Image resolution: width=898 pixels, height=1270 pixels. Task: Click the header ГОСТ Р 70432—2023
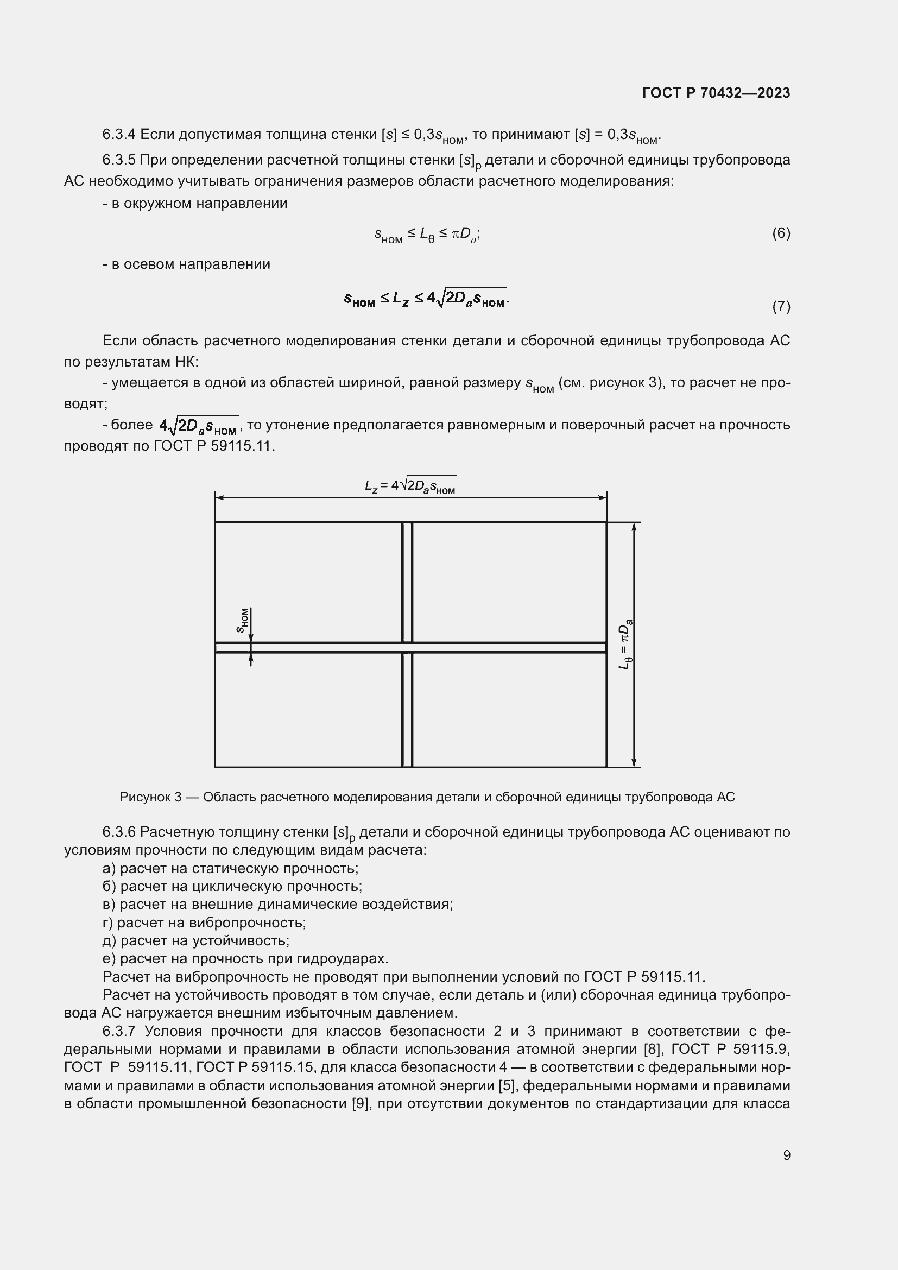(716, 93)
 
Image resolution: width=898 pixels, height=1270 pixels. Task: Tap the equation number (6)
(781, 233)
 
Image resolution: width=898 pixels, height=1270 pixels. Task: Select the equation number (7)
(781, 306)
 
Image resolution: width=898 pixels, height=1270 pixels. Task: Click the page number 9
(786, 1155)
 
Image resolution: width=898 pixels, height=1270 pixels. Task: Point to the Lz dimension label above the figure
(410, 486)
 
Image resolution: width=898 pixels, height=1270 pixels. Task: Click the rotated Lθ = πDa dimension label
(625, 645)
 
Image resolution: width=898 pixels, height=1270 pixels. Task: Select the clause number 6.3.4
(119, 135)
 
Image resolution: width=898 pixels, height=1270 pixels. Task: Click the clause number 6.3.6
(119, 832)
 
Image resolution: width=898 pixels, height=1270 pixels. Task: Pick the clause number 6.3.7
(119, 1031)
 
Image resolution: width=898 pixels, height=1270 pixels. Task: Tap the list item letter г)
(107, 923)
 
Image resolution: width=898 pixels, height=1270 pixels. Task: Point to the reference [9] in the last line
(361, 1103)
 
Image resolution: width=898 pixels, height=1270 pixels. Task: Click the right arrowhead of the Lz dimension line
(603, 498)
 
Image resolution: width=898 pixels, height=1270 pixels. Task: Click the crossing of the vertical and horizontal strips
(407, 647)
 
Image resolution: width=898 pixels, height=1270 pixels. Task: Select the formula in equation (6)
(426, 235)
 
